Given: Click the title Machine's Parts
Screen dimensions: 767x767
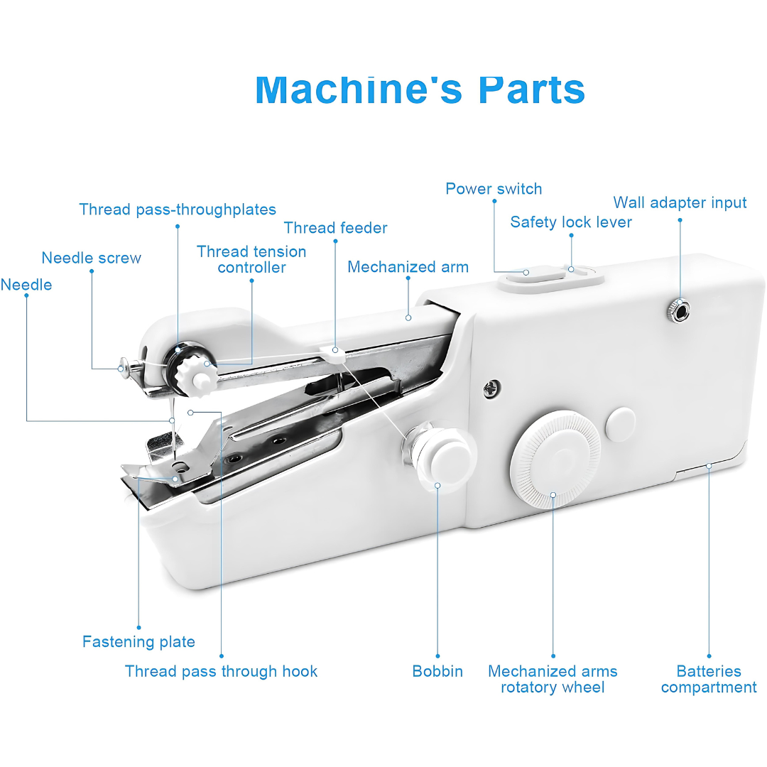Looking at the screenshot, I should [420, 89].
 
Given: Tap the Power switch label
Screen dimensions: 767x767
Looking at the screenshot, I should [494, 189].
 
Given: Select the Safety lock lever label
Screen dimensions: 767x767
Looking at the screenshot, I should [571, 222].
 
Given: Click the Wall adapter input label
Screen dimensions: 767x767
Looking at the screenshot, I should [680, 203].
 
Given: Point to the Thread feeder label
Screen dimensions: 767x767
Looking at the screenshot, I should [335, 228].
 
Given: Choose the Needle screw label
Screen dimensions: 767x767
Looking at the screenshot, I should [91, 259].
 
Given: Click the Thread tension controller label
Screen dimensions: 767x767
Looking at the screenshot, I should [251, 259].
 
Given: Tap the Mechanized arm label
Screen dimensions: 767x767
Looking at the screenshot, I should [408, 267].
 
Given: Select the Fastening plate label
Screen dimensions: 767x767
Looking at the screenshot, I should [138, 642].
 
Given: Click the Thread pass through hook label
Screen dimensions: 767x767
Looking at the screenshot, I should [221, 671].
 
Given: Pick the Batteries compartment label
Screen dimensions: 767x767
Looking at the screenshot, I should [709, 679].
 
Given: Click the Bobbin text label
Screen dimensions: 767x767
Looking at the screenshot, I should [437, 671].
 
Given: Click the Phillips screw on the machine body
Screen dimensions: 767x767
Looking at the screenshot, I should [491, 388].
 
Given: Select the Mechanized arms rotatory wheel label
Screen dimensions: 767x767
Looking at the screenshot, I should [553, 679].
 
